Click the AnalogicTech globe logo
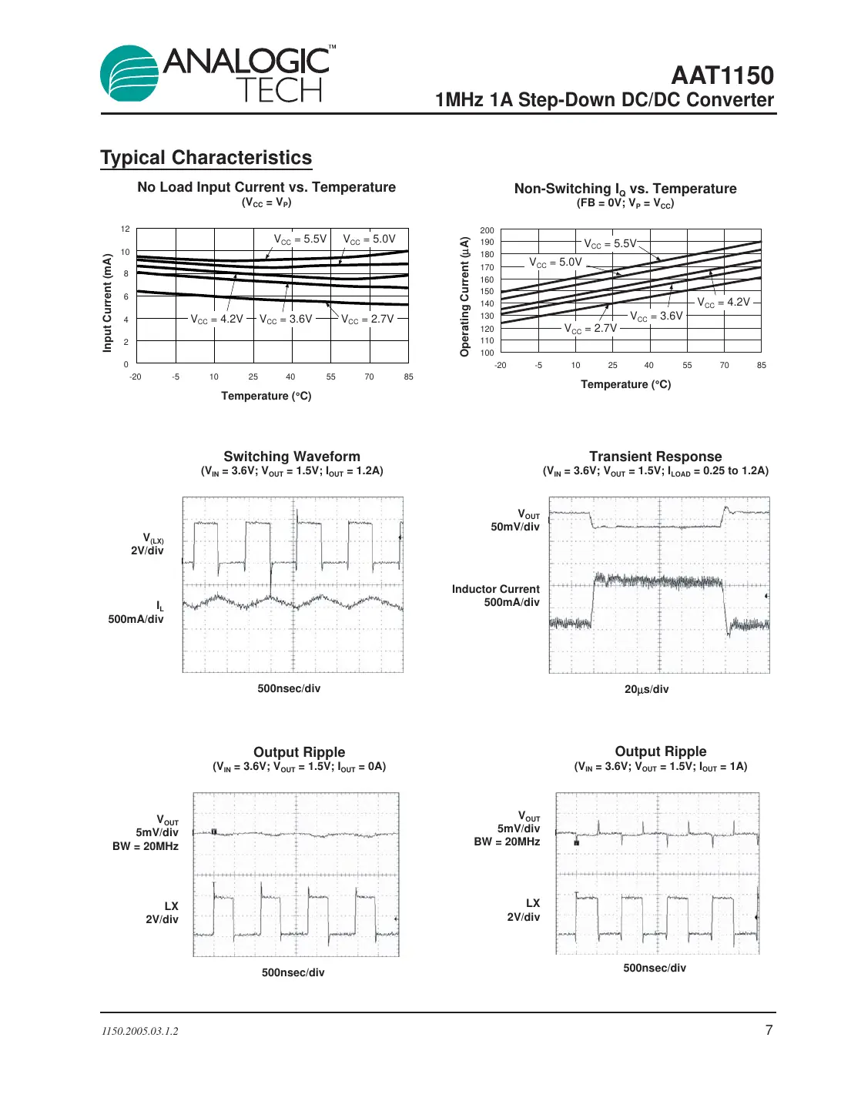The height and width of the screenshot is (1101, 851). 129,74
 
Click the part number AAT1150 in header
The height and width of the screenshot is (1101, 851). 722,75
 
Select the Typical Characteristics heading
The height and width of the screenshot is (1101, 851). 206,158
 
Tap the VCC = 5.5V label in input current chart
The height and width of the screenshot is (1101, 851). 300,239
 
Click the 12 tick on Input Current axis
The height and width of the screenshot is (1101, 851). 126,229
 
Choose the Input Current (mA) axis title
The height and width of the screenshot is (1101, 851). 108,303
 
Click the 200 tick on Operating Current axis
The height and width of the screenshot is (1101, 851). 487,230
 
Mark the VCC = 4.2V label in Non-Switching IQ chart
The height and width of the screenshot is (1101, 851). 723,303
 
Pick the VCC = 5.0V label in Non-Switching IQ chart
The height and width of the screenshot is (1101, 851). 555,263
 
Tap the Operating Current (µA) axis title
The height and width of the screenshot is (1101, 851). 464,296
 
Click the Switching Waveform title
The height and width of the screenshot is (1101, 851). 292,457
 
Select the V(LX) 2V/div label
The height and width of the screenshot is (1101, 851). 149,544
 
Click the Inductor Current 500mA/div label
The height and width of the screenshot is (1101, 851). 497,595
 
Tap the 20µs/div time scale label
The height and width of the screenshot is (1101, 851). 646,689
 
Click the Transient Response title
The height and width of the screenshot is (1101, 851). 655,457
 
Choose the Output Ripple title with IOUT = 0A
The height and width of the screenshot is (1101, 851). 299,752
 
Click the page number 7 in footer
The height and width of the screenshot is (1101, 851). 769,1030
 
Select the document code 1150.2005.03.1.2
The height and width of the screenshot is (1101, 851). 139,1031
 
